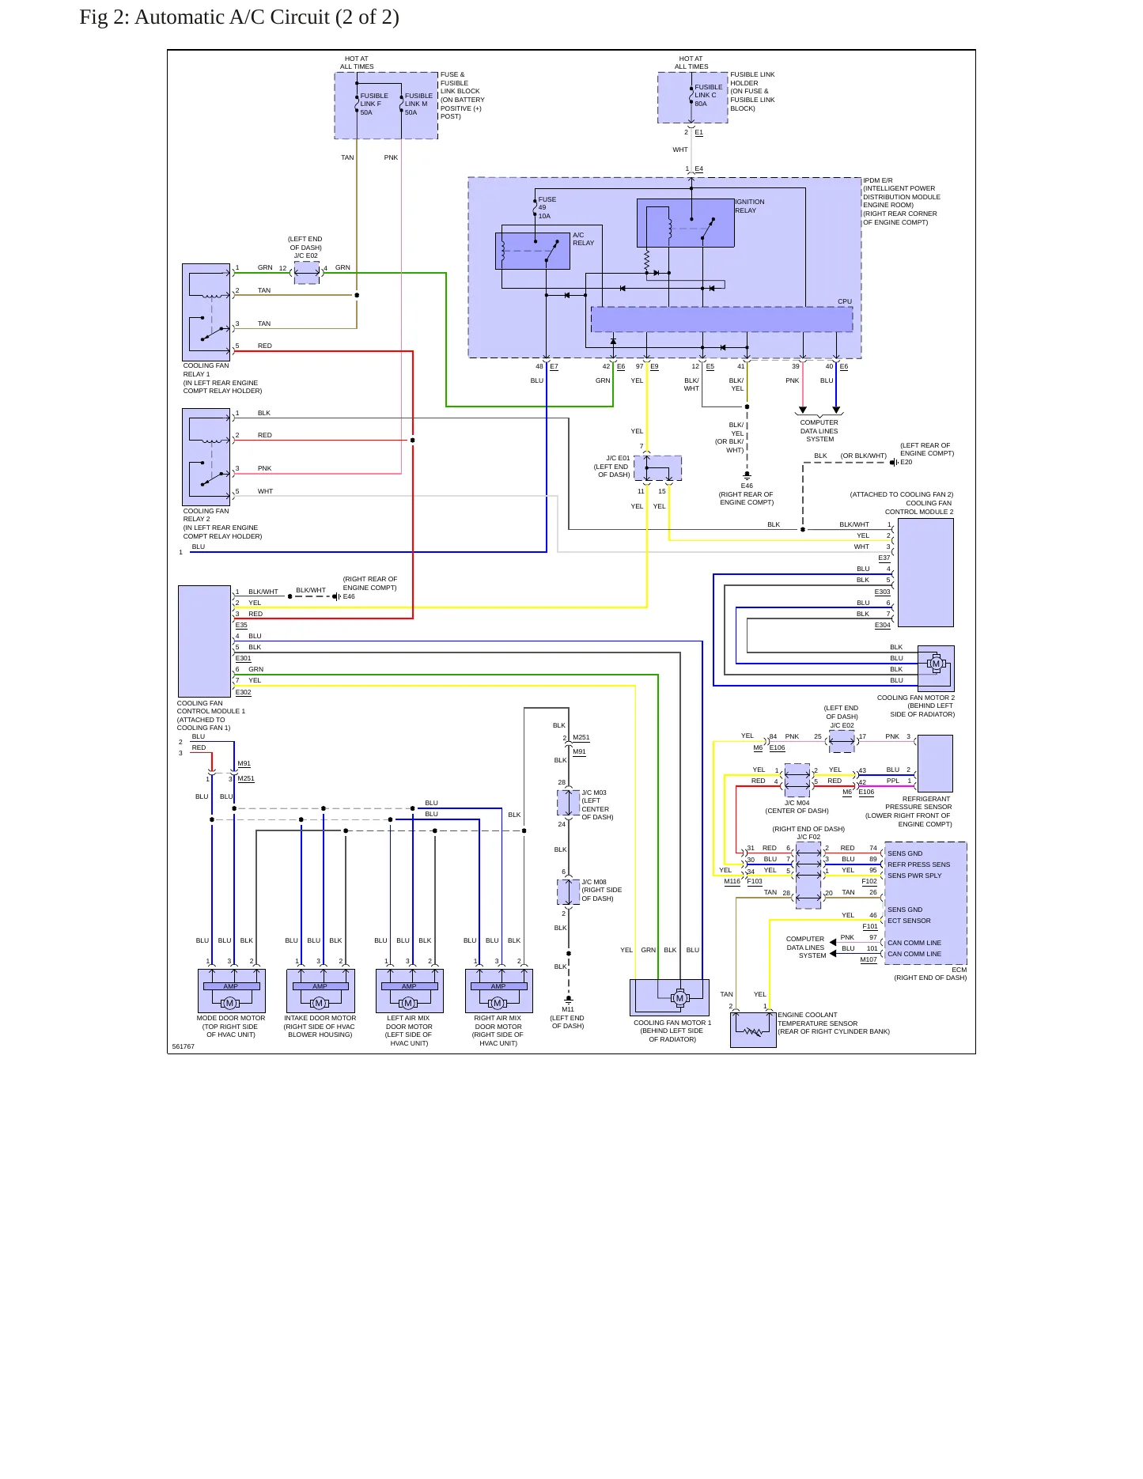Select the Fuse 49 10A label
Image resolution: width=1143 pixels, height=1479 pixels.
(547, 207)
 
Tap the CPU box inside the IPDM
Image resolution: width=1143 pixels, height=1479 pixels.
(721, 320)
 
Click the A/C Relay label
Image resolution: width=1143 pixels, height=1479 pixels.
(583, 239)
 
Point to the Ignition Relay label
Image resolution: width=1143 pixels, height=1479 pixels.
(749, 206)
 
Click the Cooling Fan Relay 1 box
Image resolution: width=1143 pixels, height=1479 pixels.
(206, 312)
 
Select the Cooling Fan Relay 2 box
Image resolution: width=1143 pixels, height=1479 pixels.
(206, 457)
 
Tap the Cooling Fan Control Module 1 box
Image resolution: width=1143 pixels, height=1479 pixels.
(204, 641)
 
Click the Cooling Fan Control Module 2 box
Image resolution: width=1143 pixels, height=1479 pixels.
(925, 573)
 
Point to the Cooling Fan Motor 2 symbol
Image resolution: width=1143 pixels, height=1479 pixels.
(936, 664)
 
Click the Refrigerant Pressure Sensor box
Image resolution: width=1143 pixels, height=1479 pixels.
(935, 763)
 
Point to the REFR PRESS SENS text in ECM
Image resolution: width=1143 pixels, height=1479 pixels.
(918, 864)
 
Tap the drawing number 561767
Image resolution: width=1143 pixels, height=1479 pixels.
(183, 1046)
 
